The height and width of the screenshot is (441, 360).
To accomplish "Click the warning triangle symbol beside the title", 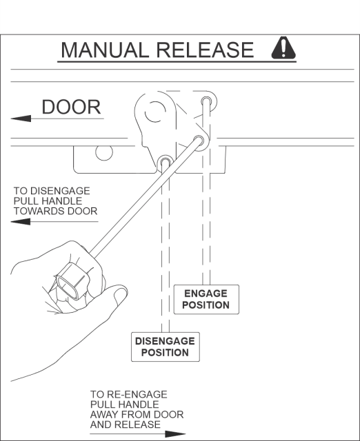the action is tap(283, 48).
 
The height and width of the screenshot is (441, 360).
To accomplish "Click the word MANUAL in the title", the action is tap(104, 50).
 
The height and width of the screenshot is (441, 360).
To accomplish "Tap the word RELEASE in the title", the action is tap(205, 50).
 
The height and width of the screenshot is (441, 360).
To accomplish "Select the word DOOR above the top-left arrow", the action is tap(71, 107).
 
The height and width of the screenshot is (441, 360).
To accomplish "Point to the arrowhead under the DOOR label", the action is tap(21, 119).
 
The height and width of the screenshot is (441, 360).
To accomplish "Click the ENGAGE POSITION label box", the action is tap(206, 299).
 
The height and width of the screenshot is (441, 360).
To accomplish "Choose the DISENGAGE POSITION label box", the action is tap(166, 347).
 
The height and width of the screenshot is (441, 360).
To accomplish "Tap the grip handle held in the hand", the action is tap(72, 282).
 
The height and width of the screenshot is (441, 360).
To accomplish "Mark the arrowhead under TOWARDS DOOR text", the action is tap(21, 222).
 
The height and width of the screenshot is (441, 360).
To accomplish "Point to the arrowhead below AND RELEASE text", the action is tap(175, 433).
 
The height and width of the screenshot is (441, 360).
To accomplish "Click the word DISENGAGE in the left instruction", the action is tap(60, 191).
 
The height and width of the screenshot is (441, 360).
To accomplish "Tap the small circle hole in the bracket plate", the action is tap(104, 152).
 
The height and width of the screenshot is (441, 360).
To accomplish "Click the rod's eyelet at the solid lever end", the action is tap(199, 139).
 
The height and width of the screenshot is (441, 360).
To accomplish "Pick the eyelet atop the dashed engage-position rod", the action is tap(206, 101).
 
